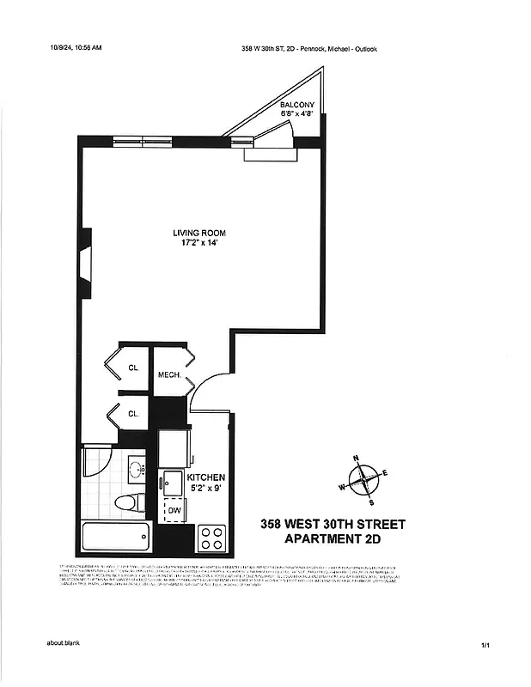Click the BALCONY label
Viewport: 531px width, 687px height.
(x=297, y=105)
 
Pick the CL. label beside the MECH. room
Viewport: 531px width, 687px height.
(x=134, y=367)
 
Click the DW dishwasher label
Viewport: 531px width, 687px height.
(x=174, y=511)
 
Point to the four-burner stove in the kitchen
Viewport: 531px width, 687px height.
(x=211, y=538)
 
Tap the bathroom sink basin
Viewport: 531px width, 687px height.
(x=136, y=471)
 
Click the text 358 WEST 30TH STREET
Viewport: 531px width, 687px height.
(x=320, y=524)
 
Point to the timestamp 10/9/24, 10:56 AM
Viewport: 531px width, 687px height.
(x=76, y=48)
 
